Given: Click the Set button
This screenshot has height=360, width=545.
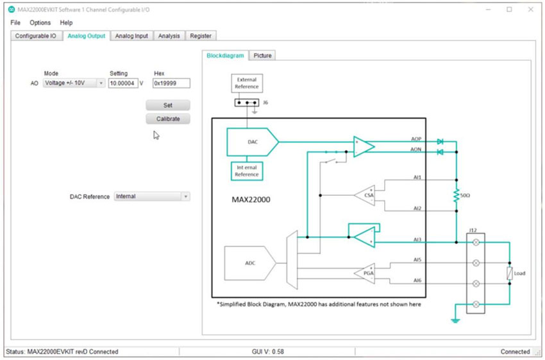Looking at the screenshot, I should click(x=167, y=105).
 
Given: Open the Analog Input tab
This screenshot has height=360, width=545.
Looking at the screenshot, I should click(x=131, y=36).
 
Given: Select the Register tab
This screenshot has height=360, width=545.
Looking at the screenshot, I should click(x=200, y=36).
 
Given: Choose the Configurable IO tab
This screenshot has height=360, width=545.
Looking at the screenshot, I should click(x=36, y=36).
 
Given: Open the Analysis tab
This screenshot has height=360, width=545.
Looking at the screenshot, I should click(x=169, y=36).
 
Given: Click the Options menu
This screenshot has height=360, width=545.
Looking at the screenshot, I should click(x=40, y=22).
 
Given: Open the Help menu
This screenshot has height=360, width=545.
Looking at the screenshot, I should click(x=67, y=22).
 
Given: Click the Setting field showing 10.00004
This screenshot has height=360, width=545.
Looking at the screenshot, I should click(x=122, y=83).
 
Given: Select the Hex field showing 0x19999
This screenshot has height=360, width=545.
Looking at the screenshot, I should click(x=171, y=83).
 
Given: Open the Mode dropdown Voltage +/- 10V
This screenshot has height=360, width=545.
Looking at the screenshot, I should click(x=74, y=83).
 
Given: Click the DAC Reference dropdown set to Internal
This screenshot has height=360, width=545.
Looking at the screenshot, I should click(x=152, y=196).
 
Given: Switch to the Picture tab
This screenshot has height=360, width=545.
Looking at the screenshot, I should click(x=262, y=56).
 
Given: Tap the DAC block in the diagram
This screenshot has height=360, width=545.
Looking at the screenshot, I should click(x=251, y=142).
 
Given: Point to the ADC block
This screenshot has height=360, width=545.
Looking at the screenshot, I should click(x=249, y=263).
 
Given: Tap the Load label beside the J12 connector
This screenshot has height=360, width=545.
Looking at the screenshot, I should click(x=519, y=273).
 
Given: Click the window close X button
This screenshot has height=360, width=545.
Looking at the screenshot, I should click(x=530, y=9).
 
